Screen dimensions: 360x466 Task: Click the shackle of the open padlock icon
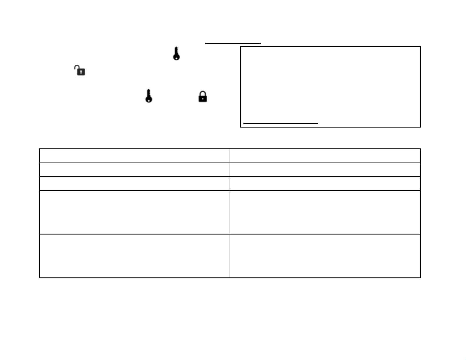(77, 67)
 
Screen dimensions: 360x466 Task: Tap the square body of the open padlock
(81, 72)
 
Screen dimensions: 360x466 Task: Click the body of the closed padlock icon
(203, 98)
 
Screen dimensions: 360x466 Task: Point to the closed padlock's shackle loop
(203, 93)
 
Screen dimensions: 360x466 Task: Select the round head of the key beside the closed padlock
(149, 99)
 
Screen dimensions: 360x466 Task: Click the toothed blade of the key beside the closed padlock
(149, 93)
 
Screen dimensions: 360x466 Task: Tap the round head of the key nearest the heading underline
(176, 57)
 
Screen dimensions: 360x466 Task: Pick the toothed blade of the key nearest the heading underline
(176, 50)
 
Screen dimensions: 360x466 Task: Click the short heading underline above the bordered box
(233, 43)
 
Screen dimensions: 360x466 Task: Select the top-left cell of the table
(134, 156)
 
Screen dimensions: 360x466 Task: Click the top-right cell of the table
(325, 156)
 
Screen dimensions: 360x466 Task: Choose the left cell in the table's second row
(134, 170)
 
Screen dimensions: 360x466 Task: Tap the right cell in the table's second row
(325, 170)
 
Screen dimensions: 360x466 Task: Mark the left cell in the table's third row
(134, 183)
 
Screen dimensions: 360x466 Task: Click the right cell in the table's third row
(325, 183)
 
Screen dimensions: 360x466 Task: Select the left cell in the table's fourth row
(134, 212)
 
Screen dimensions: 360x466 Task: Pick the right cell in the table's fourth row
(325, 212)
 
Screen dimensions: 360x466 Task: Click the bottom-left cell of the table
(134, 256)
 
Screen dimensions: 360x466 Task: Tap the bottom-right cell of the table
(325, 256)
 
